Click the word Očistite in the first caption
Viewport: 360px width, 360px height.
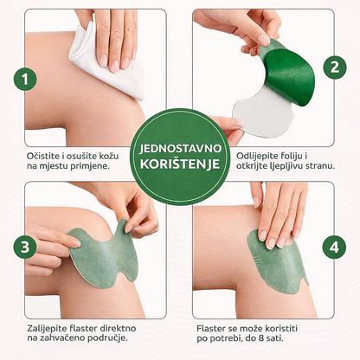click(x=46, y=156)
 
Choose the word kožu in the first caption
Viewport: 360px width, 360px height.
click(x=123, y=156)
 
